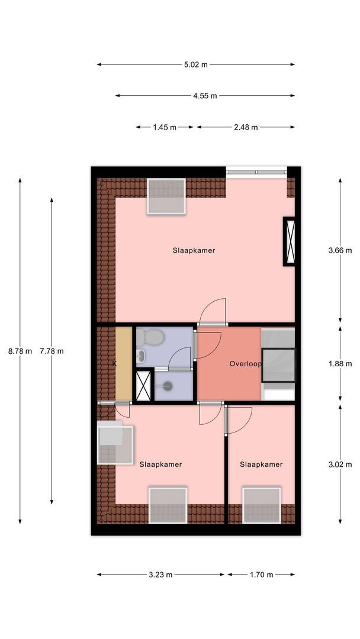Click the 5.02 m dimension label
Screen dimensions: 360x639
[196, 64]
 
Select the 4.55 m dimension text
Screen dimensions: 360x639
[205, 96]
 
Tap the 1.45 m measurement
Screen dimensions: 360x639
[165, 127]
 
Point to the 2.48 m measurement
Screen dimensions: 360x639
[246, 127]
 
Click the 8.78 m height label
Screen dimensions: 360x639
[20, 351]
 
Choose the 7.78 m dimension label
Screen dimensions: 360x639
[52, 351]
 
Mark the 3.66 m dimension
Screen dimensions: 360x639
[340, 251]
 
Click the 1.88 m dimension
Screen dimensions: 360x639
[340, 364]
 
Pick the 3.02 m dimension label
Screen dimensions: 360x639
[340, 464]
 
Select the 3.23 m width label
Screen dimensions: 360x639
[160, 575]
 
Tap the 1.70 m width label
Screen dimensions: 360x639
[261, 575]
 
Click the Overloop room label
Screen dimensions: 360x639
[245, 364]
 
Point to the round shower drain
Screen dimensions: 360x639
[167, 385]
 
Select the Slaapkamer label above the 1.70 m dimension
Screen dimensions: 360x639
[261, 464]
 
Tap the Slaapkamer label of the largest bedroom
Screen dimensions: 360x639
[194, 250]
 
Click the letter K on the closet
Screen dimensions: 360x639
[114, 364]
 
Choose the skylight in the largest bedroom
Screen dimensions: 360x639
[166, 196]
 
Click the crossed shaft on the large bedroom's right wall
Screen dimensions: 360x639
[289, 241]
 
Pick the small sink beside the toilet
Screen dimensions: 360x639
[140, 356]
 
